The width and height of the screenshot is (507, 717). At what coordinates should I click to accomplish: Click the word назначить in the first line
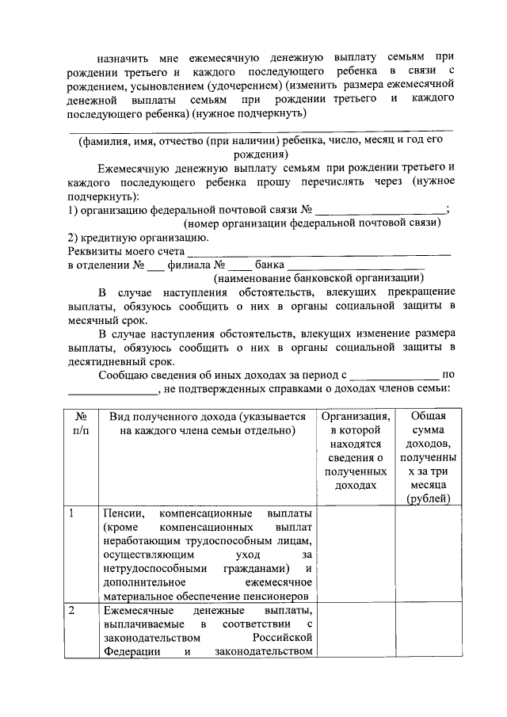pyautogui.click(x=124, y=58)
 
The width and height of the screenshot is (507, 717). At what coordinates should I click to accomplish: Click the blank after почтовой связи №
pyautogui.click(x=381, y=210)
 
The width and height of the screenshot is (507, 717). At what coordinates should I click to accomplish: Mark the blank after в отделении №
pyautogui.click(x=154, y=266)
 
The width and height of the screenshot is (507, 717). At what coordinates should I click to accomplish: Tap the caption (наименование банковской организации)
pyautogui.click(x=318, y=279)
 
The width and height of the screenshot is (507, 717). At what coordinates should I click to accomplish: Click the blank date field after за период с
pyautogui.click(x=394, y=373)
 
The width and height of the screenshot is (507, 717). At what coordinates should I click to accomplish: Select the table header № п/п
pyautogui.click(x=80, y=423)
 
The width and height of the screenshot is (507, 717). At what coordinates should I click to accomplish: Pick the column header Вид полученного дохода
pyautogui.click(x=207, y=423)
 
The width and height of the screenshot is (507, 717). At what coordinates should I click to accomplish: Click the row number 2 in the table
pyautogui.click(x=72, y=610)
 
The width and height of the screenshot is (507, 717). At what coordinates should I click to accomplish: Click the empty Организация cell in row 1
pyautogui.click(x=356, y=555)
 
